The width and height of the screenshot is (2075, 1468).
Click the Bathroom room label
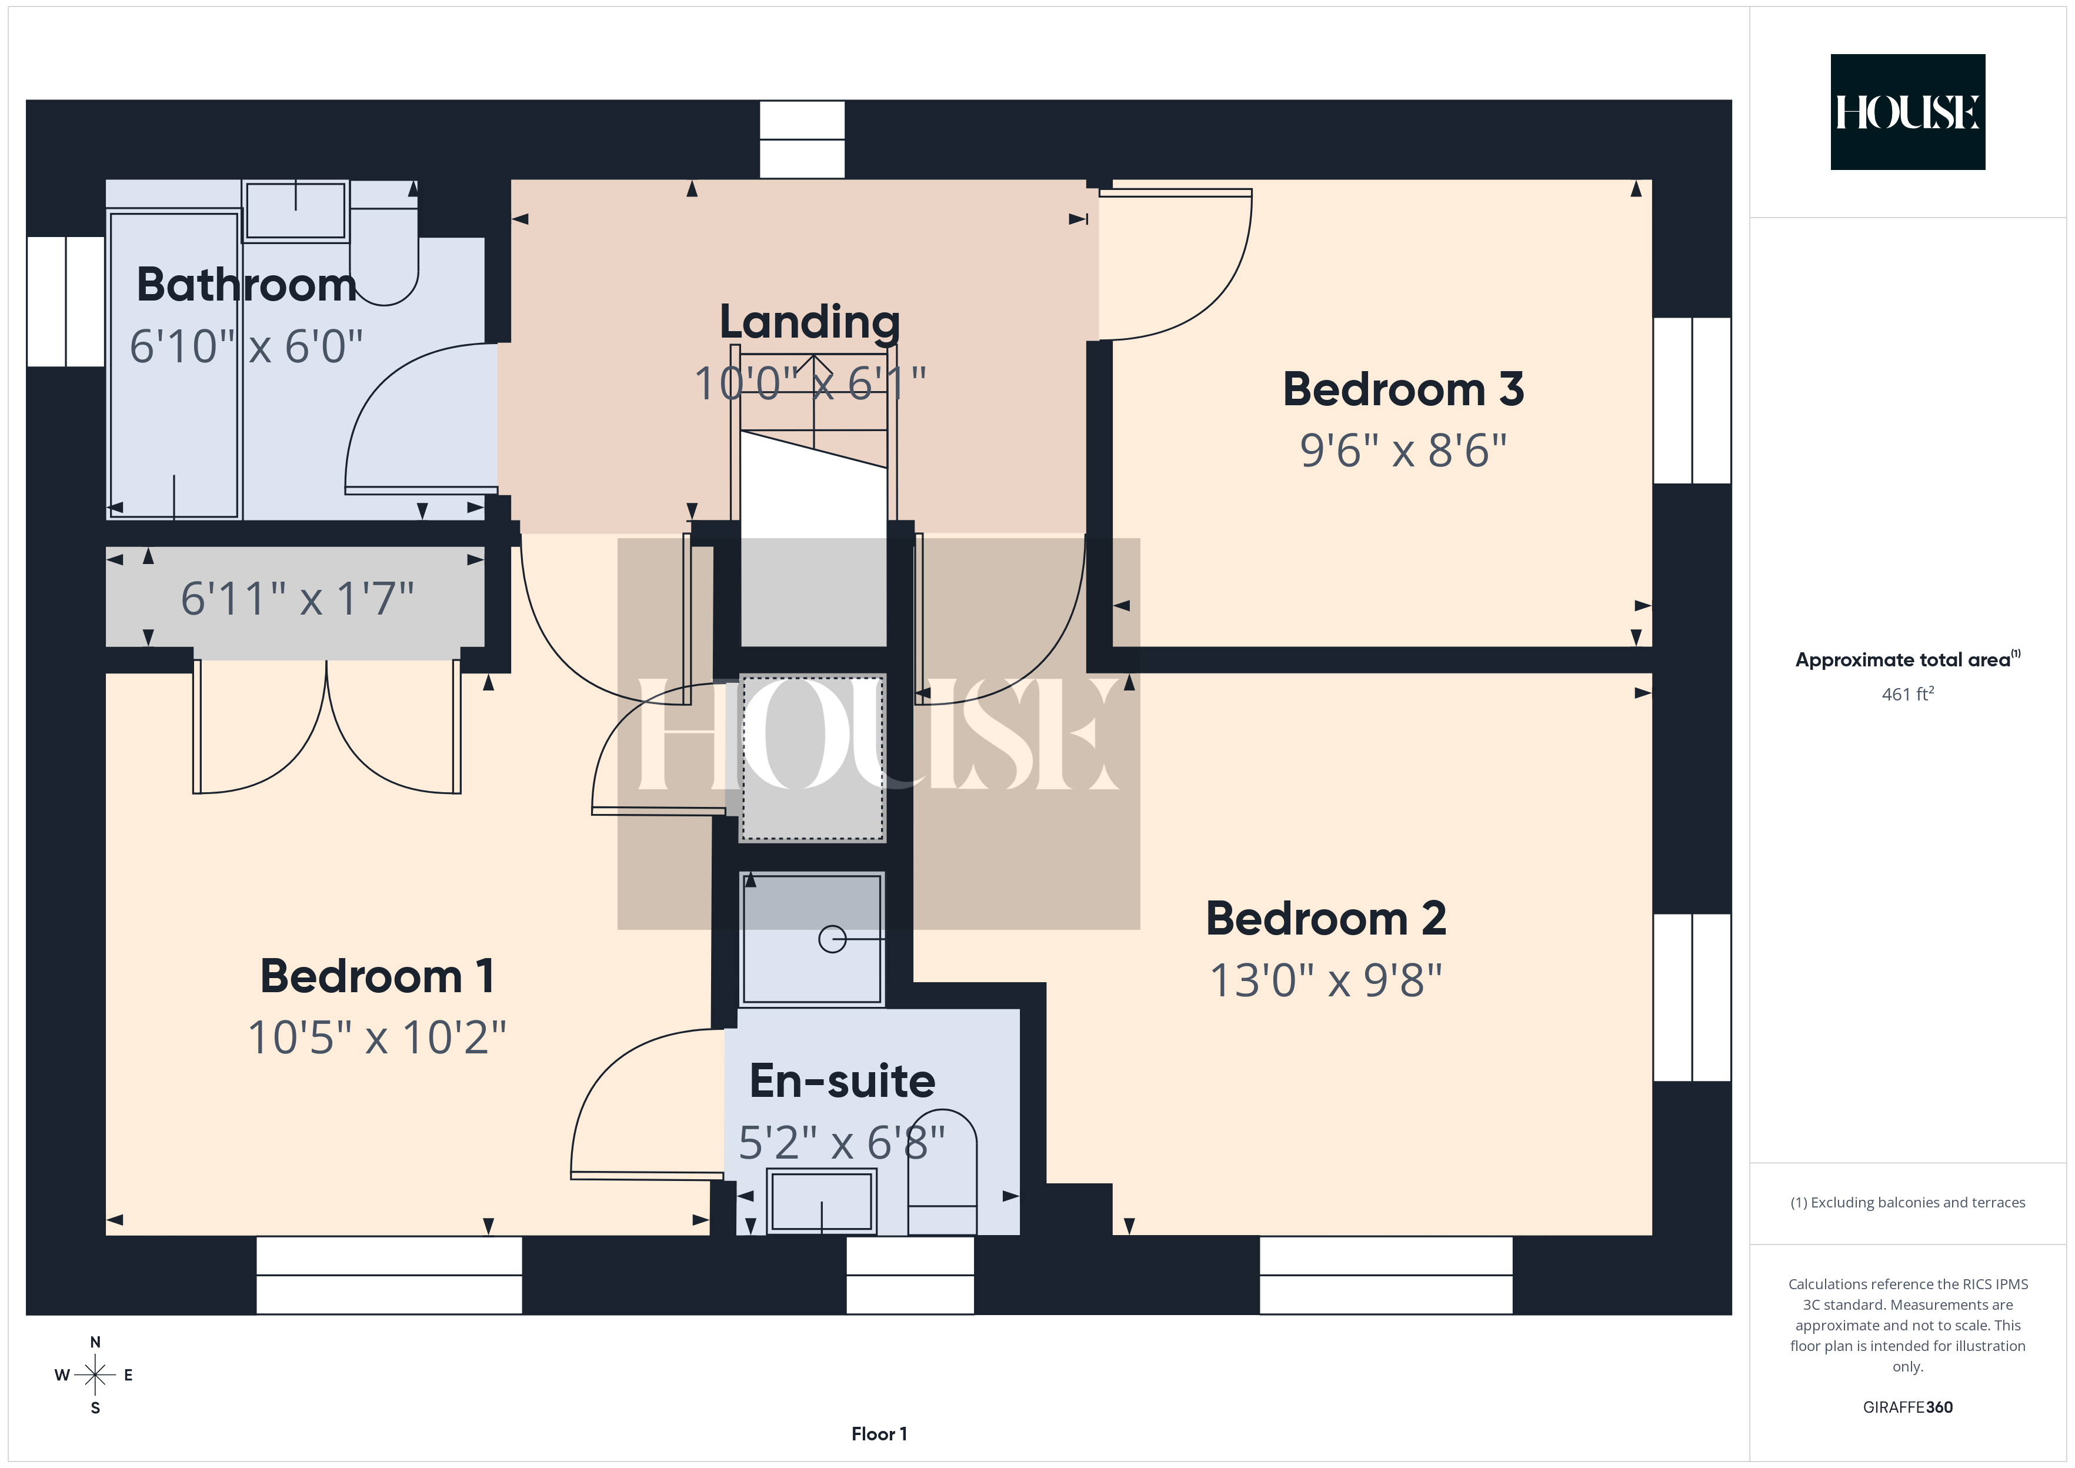pos(246,285)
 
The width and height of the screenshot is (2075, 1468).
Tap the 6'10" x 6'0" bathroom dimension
pos(246,346)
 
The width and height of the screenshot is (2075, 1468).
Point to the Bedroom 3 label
pos(1403,389)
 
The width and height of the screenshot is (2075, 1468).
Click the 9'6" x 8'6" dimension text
pos(1403,450)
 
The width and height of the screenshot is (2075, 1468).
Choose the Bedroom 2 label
pos(1326,919)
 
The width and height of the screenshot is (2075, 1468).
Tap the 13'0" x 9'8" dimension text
pos(1326,980)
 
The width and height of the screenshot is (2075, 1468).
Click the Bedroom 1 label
pos(377,976)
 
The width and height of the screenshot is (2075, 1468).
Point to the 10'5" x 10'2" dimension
pos(377,1037)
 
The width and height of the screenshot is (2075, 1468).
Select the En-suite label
pos(842,1081)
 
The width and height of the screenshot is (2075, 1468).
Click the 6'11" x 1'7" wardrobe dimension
pos(298,598)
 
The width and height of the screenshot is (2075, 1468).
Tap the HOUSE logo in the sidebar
pos(1908,112)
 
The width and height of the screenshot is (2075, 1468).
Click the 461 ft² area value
pos(1908,694)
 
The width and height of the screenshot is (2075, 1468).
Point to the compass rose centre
pos(95,1376)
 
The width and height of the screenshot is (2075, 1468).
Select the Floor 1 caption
pos(879,1434)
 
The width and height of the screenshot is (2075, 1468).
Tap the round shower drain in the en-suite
pos(832,939)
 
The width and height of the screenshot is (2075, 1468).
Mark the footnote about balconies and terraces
pos(1908,1202)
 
